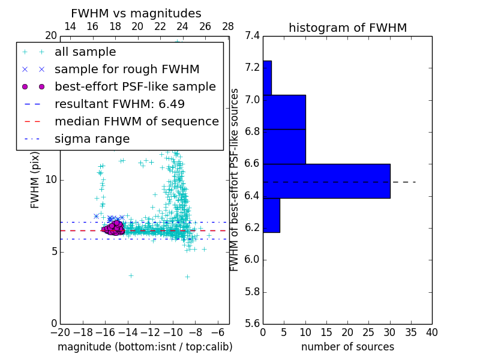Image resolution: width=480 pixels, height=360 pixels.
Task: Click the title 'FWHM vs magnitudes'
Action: pyautogui.click(x=136, y=14)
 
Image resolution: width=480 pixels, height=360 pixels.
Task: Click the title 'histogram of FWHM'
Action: pyautogui.click(x=347, y=28)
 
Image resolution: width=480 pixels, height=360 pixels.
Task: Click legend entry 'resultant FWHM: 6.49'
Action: pyautogui.click(x=119, y=104)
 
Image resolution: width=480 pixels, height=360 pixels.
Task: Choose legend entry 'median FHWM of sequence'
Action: pyautogui.click(x=136, y=121)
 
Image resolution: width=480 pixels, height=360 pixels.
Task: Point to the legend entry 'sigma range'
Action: pyautogui.click(x=92, y=139)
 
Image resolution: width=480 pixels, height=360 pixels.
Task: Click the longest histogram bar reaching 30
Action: pyautogui.click(x=326, y=181)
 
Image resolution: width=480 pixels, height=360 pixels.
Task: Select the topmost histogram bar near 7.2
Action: pyautogui.click(x=267, y=77)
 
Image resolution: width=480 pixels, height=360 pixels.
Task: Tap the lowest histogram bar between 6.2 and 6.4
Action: pyautogui.click(x=271, y=215)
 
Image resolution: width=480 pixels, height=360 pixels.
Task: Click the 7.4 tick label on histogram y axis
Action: pyautogui.click(x=252, y=36)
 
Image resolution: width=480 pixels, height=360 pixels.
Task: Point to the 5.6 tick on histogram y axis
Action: pyautogui.click(x=252, y=324)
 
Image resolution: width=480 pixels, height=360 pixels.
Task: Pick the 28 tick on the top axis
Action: pyautogui.click(x=228, y=26)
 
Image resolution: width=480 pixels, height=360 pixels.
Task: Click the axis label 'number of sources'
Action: pyautogui.click(x=347, y=347)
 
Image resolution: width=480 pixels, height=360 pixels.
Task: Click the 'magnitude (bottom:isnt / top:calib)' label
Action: pyautogui.click(x=145, y=347)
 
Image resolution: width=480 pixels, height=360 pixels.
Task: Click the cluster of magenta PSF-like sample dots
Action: pyautogui.click(x=113, y=228)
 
